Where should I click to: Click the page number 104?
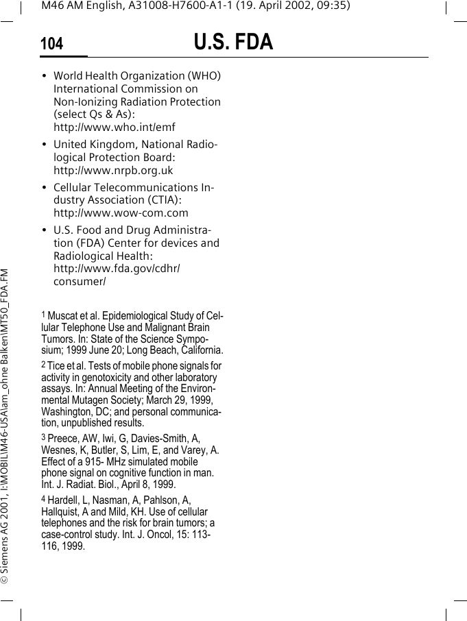[51, 45]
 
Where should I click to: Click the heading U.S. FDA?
[233, 42]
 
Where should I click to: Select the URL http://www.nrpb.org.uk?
[113, 170]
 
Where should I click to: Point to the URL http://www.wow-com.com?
[121, 212]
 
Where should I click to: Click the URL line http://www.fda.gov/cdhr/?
[117, 268]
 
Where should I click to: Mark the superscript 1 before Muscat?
[43, 315]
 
